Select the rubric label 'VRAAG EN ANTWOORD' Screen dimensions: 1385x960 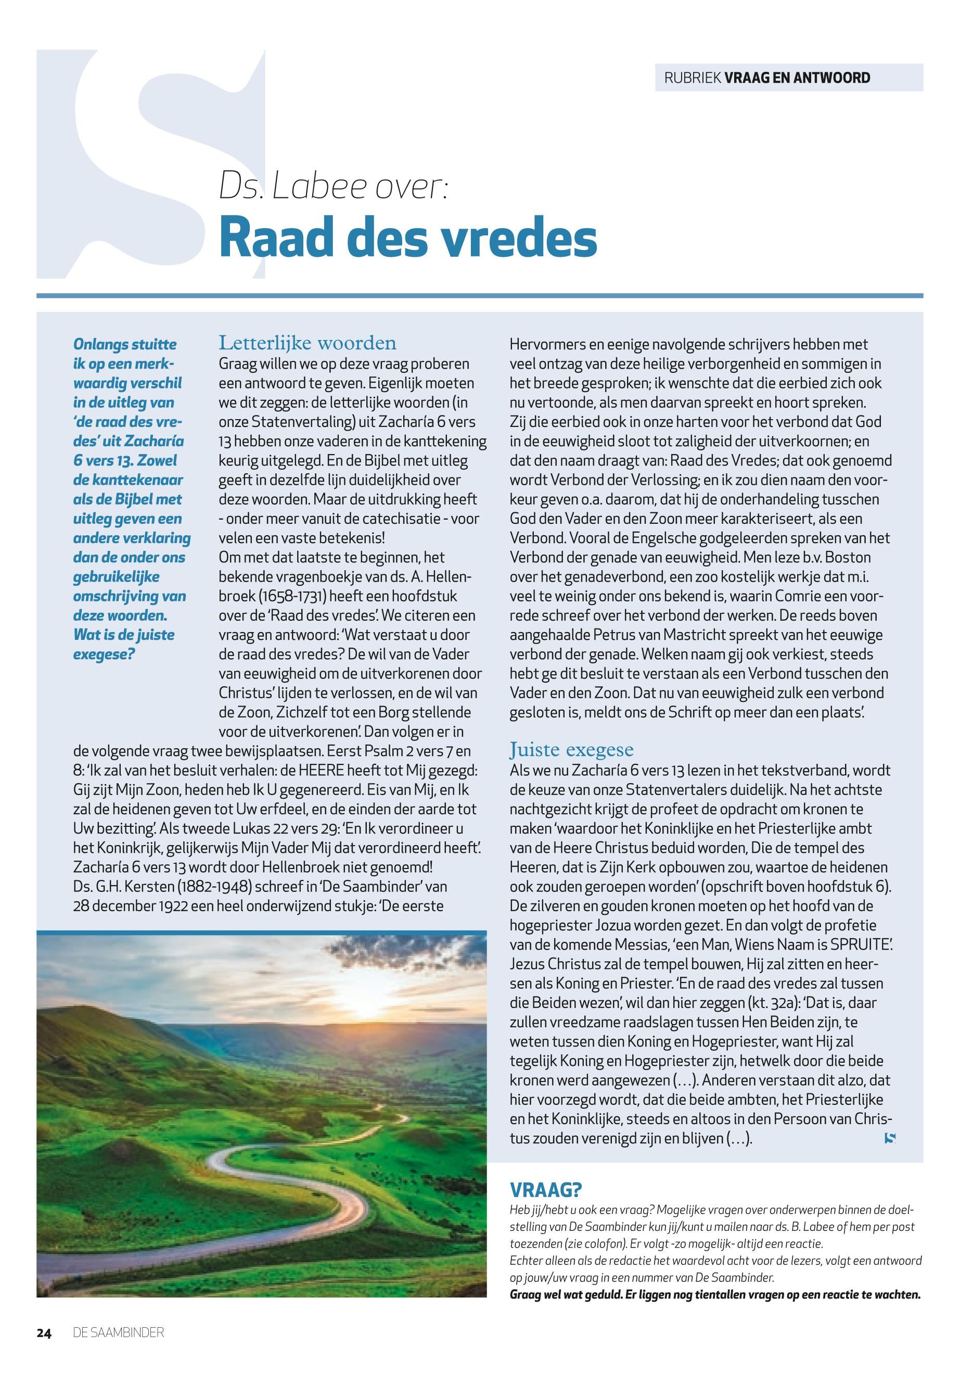(x=798, y=78)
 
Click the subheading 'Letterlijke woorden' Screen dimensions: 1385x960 (x=308, y=343)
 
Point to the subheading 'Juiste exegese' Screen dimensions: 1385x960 (x=571, y=749)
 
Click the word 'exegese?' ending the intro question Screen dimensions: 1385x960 (x=104, y=653)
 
